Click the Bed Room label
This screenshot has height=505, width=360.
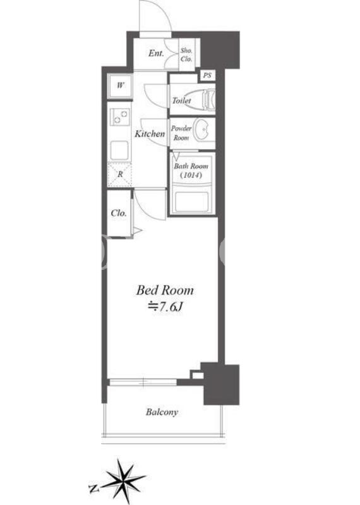(165, 290)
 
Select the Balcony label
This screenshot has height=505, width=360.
(162, 412)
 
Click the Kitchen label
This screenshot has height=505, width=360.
(150, 133)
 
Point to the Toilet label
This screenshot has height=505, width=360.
(181, 100)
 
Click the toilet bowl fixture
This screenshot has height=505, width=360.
(208, 99)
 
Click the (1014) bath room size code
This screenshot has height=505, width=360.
(191, 176)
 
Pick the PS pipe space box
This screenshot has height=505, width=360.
(207, 76)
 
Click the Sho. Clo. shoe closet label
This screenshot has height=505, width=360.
(186, 55)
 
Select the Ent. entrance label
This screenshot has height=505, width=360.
(156, 53)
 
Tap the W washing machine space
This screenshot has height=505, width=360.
(119, 86)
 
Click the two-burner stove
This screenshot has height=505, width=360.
(119, 116)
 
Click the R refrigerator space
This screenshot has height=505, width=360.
(119, 174)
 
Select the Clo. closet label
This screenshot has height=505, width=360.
(119, 213)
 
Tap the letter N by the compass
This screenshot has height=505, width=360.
(93, 489)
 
